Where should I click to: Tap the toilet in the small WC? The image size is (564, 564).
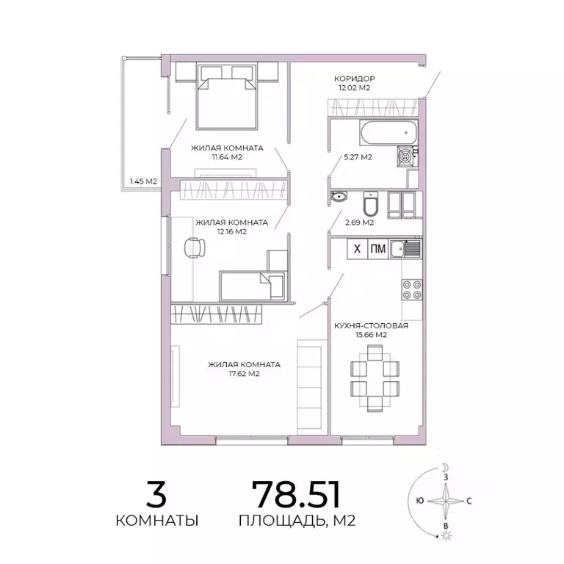pos(370,203)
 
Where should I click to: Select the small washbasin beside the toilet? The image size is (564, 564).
pos(340,197)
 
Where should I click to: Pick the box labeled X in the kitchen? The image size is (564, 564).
pos(357,249)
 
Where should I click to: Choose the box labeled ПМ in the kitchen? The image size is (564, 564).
pos(377,249)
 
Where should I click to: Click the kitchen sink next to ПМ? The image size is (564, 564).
pos(405,249)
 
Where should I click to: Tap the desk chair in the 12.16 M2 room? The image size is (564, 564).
pos(193,249)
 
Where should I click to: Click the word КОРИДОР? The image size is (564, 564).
pos(355,78)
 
